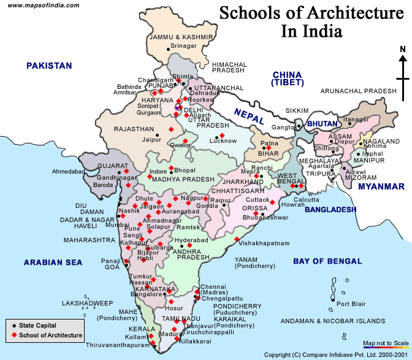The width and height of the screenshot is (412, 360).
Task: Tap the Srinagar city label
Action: pos(184,45)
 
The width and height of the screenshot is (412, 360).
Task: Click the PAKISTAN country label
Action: pos(48,66)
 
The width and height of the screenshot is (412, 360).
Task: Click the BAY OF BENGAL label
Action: pos(327,261)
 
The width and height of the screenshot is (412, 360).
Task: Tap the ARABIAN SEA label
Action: pos(53,262)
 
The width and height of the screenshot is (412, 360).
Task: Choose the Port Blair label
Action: pos(351,304)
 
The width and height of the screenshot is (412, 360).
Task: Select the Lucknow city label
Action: pos(223,141)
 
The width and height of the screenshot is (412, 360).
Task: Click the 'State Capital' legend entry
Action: pos(37,326)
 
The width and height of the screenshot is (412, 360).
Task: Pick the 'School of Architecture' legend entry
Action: pos(50,335)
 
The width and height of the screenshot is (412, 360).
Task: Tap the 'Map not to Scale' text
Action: pos(386,343)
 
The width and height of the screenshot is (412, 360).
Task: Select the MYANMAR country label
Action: pos(381,186)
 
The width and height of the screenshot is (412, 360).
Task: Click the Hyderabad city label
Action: pos(191,240)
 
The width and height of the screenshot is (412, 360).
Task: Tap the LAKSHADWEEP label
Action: pos(87,303)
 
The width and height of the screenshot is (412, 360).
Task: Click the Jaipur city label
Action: pos(151,140)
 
